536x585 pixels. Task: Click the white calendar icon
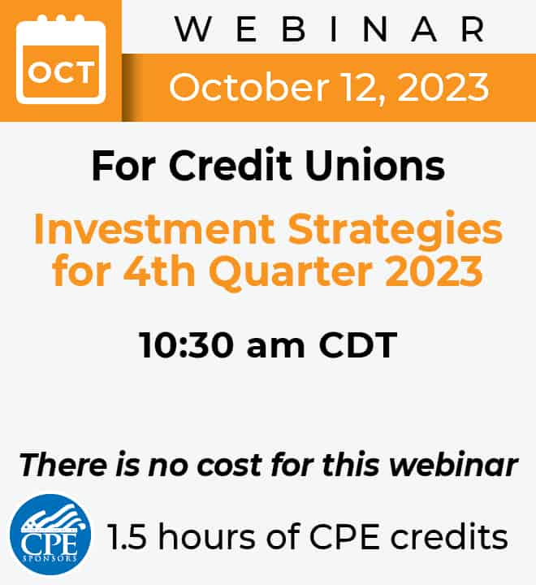[x=61, y=59]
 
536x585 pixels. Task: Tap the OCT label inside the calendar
[x=60, y=72]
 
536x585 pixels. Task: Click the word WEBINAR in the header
[x=330, y=29]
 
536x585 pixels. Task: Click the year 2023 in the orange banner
[x=443, y=88]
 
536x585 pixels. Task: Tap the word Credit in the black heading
[x=230, y=165]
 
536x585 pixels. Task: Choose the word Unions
[x=375, y=165]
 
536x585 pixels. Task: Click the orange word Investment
[x=154, y=228]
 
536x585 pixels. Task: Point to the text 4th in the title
[x=159, y=271]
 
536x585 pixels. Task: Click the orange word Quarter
[x=293, y=273]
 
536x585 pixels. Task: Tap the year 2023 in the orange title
[x=434, y=271]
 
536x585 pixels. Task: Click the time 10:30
[x=186, y=345]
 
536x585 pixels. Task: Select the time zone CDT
[x=357, y=345]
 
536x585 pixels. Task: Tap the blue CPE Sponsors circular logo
[x=50, y=535]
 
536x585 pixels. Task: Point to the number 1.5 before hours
[x=127, y=537]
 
